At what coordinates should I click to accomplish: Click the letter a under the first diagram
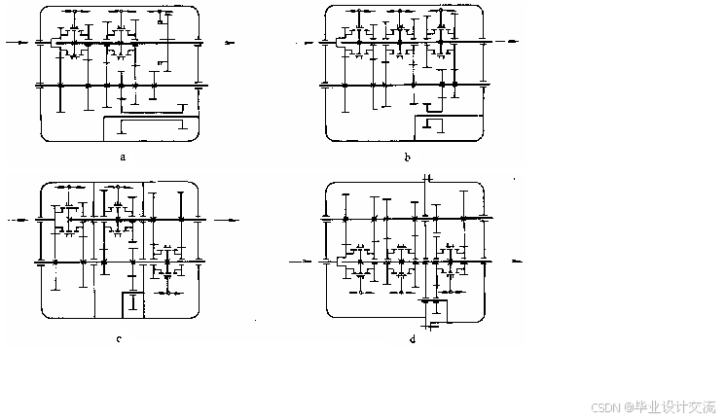pyautogui.click(x=123, y=155)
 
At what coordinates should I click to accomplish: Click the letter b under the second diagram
pyautogui.click(x=407, y=155)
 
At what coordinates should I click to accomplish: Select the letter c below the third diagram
pyautogui.click(x=118, y=338)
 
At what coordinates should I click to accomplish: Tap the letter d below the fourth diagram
pyautogui.click(x=413, y=338)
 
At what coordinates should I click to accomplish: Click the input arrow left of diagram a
pyautogui.click(x=18, y=43)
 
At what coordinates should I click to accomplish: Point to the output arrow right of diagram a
pyautogui.click(x=229, y=43)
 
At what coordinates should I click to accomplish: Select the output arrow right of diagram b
pyautogui.click(x=512, y=43)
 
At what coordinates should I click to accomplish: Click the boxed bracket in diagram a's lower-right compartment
pyautogui.click(x=152, y=126)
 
